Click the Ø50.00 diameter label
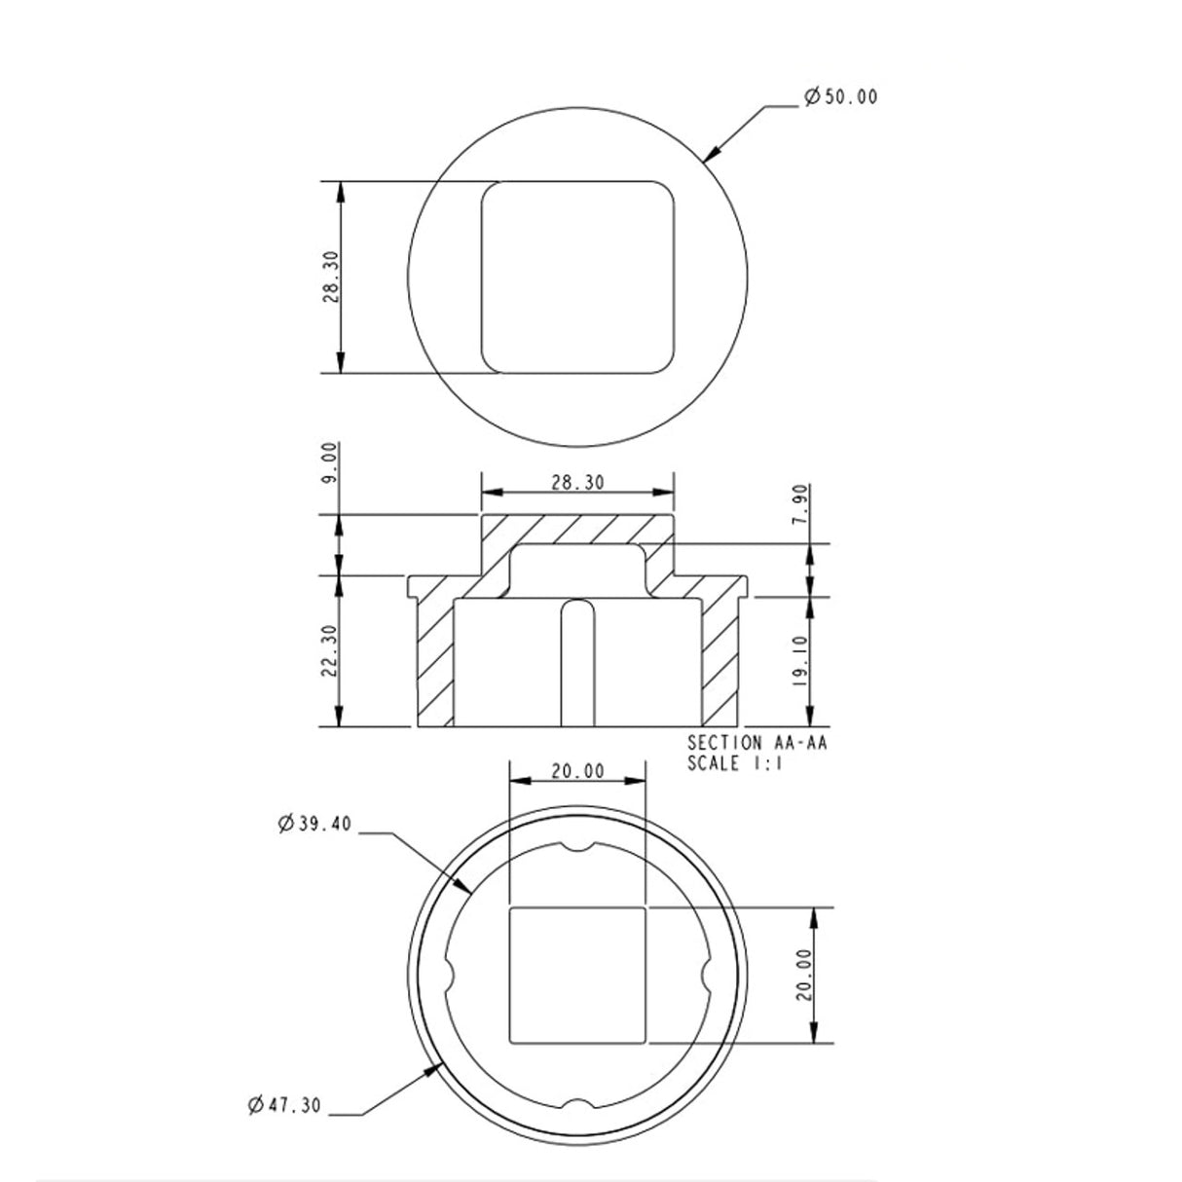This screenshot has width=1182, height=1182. [x=840, y=97]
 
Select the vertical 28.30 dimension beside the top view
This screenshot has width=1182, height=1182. [x=330, y=277]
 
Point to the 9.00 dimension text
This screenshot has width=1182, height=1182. [x=330, y=462]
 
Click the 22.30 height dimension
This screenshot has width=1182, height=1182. [x=330, y=651]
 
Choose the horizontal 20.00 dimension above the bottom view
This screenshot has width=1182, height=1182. [x=577, y=771]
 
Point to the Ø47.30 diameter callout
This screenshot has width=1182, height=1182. [x=285, y=1104]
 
